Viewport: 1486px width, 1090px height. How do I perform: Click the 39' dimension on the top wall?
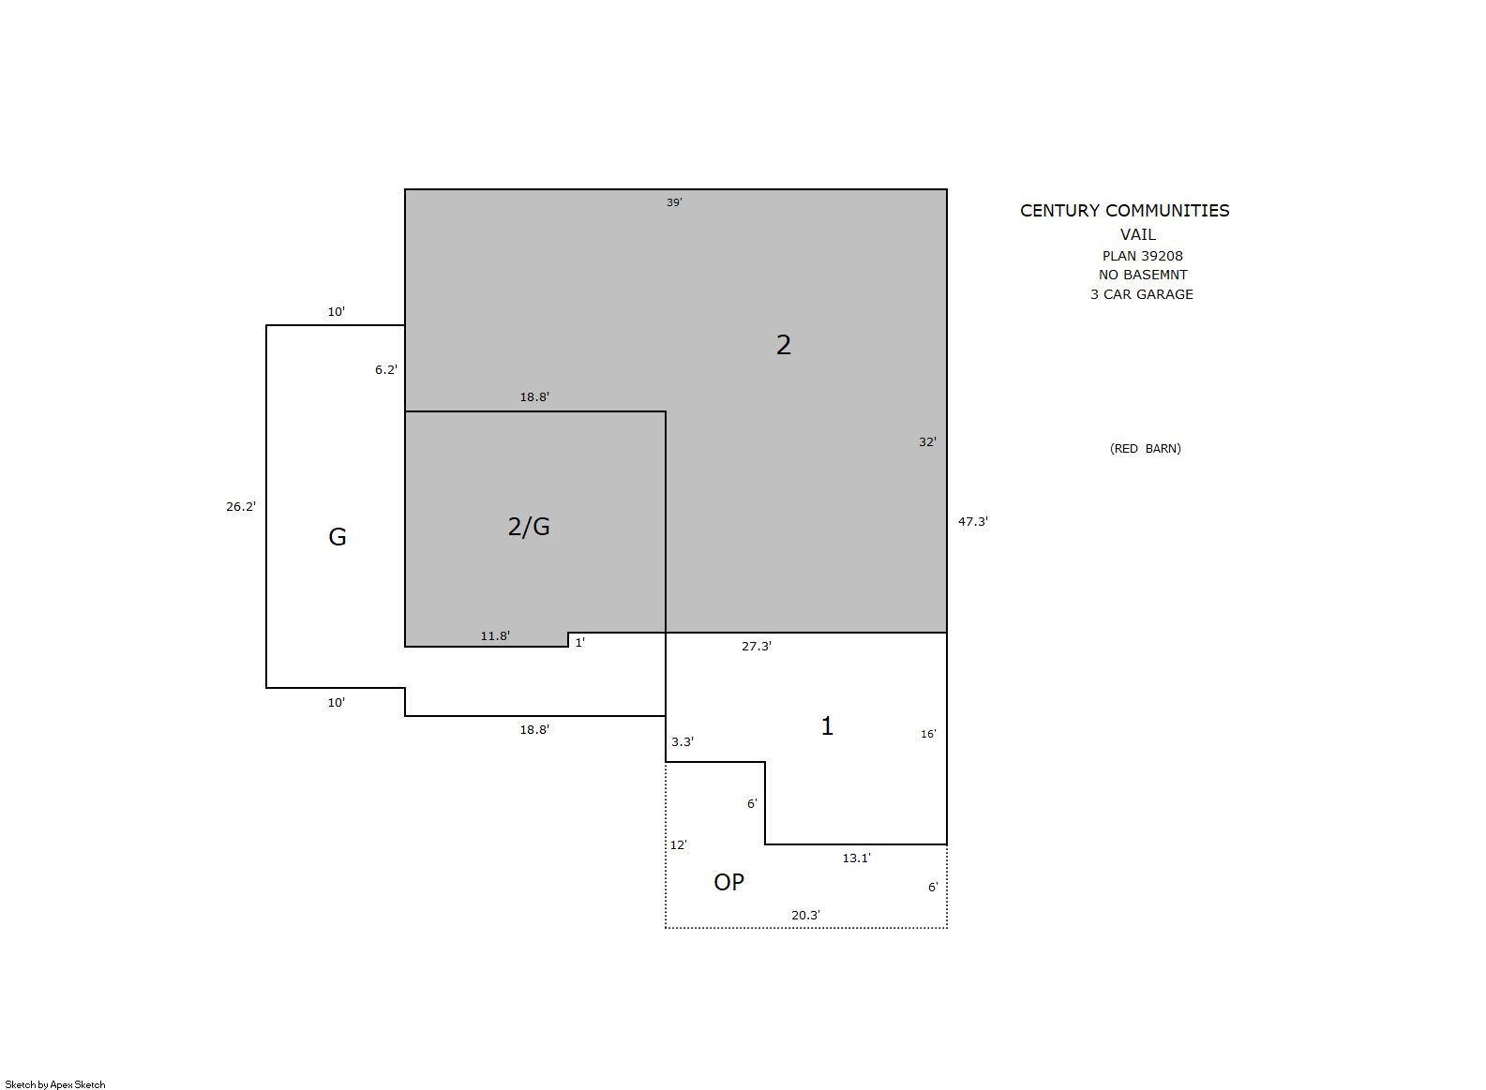click(674, 202)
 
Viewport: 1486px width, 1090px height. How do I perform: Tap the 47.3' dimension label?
click(972, 522)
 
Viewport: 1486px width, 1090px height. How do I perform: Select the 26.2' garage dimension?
click(241, 506)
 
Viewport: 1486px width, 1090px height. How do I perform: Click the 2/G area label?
click(529, 527)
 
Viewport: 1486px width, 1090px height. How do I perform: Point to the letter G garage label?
click(337, 536)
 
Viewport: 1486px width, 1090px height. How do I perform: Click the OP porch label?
click(728, 882)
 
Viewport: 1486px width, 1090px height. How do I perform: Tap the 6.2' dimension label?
click(386, 370)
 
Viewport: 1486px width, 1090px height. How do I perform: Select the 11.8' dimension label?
click(495, 635)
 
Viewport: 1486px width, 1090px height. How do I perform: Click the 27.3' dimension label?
click(757, 647)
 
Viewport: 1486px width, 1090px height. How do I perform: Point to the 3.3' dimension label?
click(682, 742)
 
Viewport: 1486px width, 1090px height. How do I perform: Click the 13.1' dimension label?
click(856, 858)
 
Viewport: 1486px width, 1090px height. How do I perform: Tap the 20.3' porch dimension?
click(805, 915)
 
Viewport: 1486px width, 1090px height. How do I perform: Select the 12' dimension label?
click(678, 844)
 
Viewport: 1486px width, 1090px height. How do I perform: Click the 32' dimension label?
click(927, 442)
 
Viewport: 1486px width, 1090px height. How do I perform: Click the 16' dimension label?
click(928, 734)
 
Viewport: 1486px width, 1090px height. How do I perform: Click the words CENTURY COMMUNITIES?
click(1124, 211)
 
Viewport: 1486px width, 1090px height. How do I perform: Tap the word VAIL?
click(1138, 234)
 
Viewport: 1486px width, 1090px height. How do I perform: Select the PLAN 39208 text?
click(1142, 256)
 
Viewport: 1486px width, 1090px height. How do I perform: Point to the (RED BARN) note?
click(1145, 449)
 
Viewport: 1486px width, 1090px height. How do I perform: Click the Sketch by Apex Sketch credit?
click(55, 1084)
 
